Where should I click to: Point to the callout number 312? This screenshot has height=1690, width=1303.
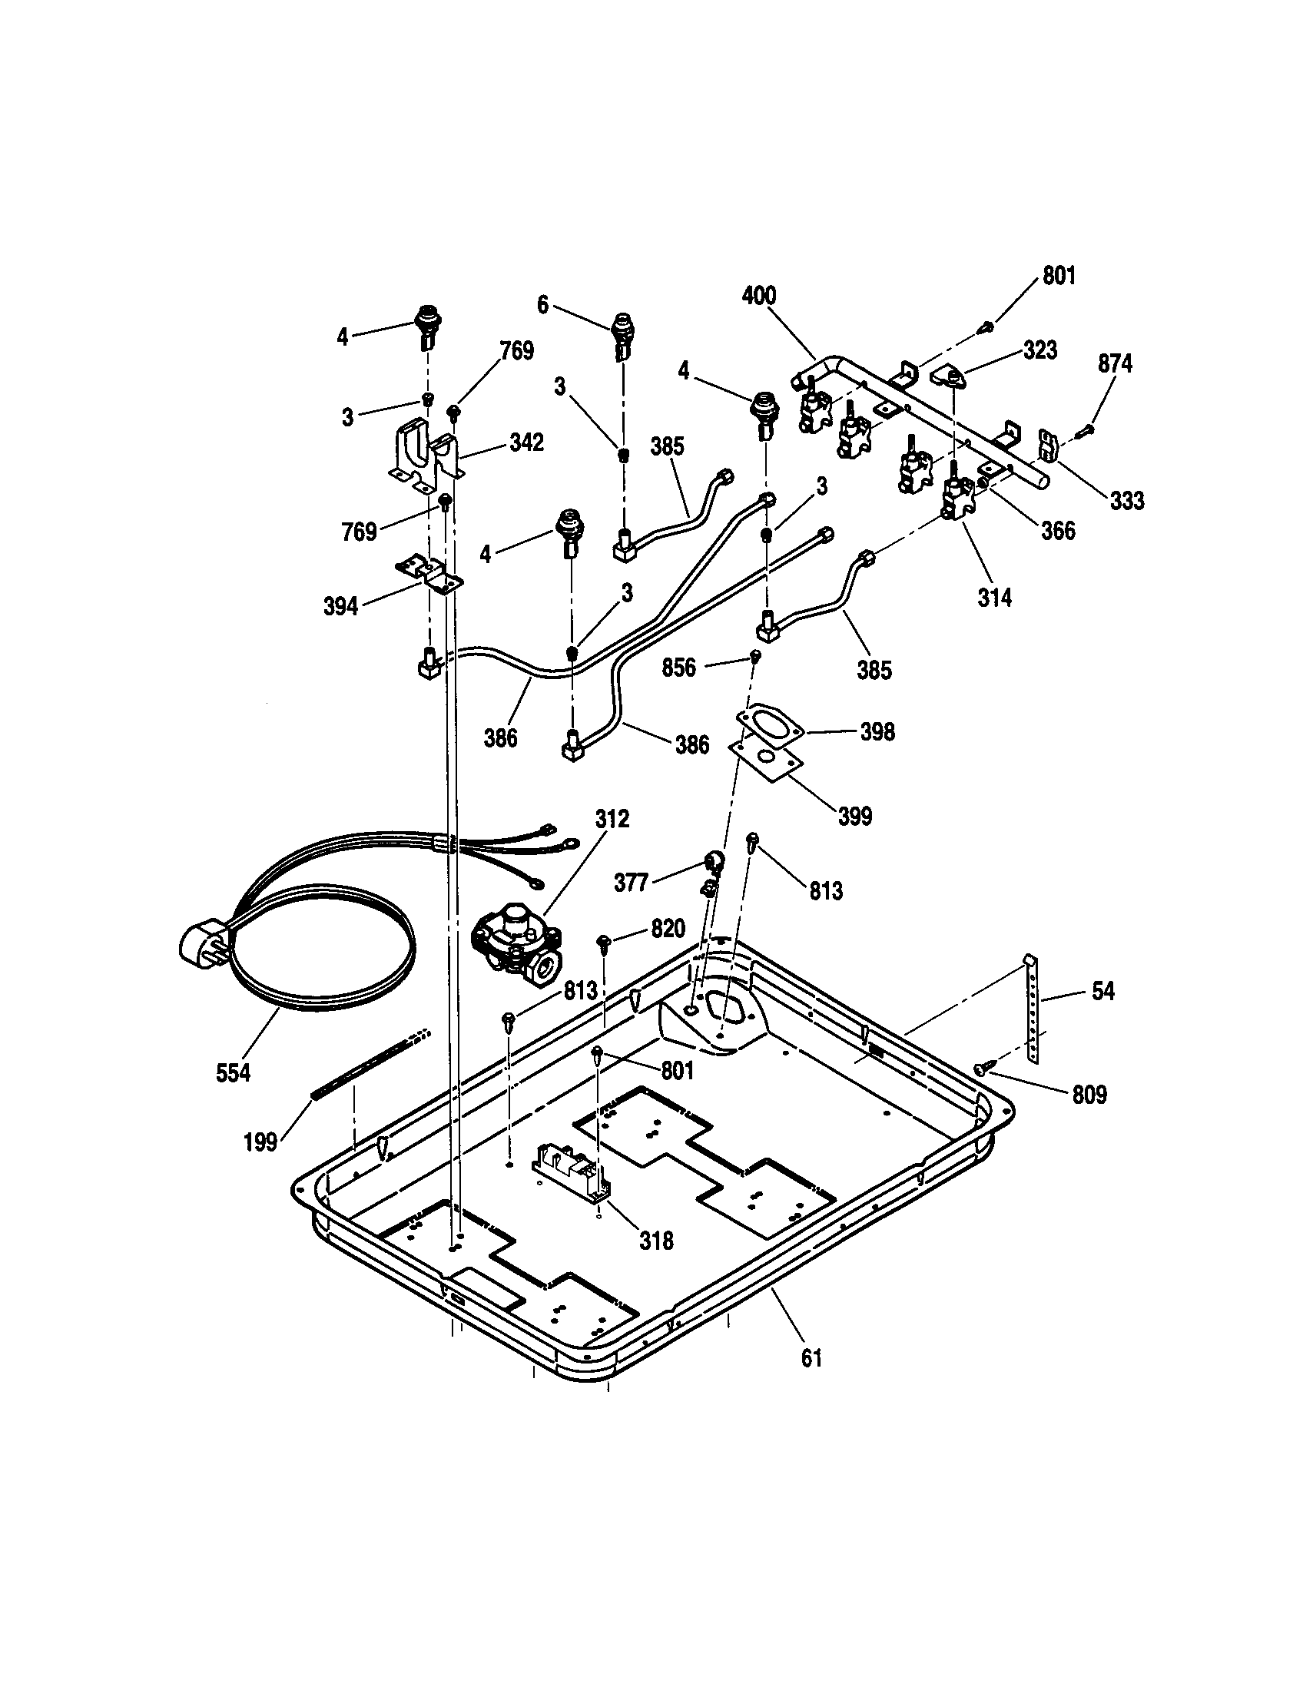tap(612, 820)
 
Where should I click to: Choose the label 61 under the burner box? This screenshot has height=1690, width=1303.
tap(811, 1358)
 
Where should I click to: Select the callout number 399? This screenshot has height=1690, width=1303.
tap(854, 816)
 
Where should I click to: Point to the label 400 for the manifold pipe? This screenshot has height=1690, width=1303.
tap(758, 296)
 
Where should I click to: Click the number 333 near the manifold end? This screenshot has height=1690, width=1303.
tap(1126, 501)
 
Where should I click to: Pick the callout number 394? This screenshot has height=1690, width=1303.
tap(340, 607)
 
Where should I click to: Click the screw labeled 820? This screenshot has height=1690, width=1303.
tap(604, 941)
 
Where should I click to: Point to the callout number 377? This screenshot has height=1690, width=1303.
tap(631, 882)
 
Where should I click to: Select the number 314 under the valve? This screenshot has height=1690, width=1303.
tap(994, 598)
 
